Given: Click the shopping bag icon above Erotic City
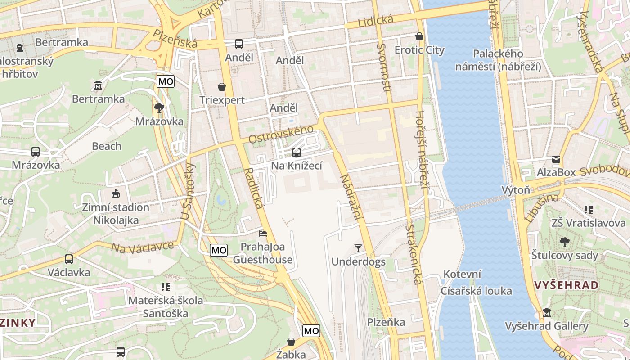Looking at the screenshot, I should click(x=419, y=36).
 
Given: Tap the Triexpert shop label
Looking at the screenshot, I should click(x=222, y=100).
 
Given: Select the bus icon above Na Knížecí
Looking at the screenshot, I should click(x=296, y=153).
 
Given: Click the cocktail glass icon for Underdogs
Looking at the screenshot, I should click(x=358, y=248).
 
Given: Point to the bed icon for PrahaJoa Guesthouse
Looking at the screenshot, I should click(x=263, y=233).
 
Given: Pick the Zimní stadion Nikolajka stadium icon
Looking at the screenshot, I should click(x=116, y=194).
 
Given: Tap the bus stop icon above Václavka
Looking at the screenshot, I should click(x=69, y=259).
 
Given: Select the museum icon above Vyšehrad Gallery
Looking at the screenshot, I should click(x=546, y=312).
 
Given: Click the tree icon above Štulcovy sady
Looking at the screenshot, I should click(x=564, y=242).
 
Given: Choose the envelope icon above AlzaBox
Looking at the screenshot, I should click(x=556, y=159).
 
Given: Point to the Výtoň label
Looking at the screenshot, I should click(x=516, y=190).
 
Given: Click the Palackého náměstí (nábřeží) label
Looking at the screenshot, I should click(x=498, y=60).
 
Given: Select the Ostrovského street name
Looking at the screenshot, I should click(x=281, y=134).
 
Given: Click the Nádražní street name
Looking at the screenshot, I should click(x=351, y=198).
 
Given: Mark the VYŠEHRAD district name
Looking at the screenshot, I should click(x=567, y=285).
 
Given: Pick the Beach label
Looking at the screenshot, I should click(x=107, y=146).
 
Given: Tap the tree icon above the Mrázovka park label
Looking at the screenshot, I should click(x=159, y=108).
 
